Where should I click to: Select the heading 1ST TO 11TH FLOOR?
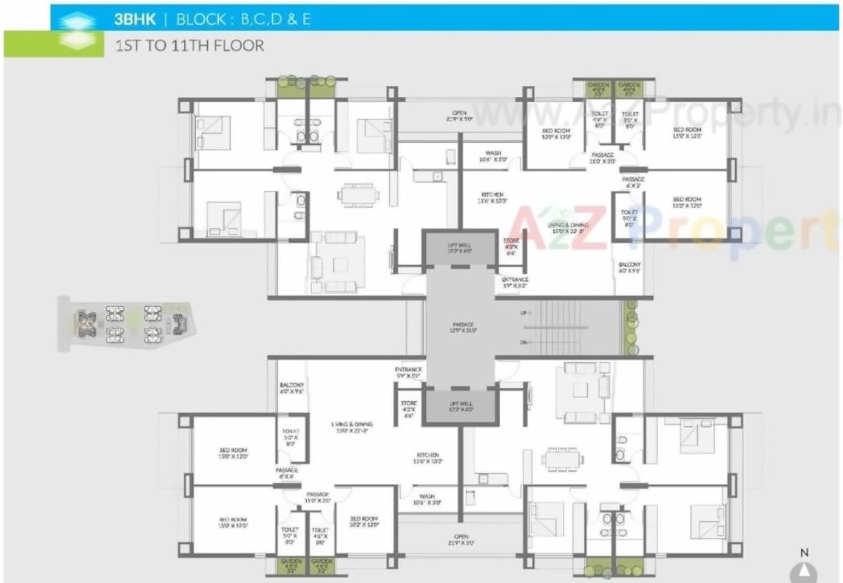point(189,45)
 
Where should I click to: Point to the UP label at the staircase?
point(524,314)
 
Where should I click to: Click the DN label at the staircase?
point(524,343)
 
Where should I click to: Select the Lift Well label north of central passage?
point(459,248)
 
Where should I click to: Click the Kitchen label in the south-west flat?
point(427,458)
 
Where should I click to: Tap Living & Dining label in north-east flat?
point(567,229)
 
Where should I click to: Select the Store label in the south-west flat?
point(409,407)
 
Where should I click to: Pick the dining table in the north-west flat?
point(359,195)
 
